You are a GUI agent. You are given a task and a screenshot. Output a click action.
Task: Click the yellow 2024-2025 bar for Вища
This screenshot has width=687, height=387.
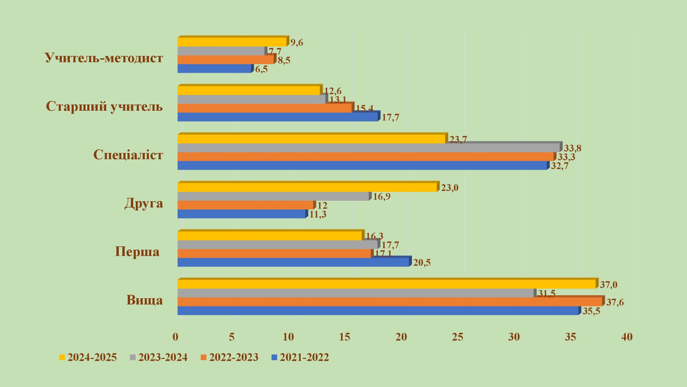click(386, 284)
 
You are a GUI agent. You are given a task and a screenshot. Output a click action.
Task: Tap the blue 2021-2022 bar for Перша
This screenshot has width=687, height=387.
click(293, 262)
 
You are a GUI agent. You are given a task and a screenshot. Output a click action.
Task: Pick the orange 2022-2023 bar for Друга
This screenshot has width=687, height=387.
click(245, 205)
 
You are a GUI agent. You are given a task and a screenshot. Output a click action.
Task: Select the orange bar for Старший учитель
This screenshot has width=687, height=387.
click(264, 108)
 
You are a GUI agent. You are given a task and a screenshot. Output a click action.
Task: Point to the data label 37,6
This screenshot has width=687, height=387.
click(615, 302)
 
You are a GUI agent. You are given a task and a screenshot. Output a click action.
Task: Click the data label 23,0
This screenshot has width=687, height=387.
click(450, 188)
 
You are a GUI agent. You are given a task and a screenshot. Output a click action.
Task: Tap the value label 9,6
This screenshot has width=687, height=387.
click(297, 42)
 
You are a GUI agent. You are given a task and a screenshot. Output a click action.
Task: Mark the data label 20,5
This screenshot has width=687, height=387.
click(422, 262)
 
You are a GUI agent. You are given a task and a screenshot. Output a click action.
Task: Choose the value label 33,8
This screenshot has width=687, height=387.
click(573, 148)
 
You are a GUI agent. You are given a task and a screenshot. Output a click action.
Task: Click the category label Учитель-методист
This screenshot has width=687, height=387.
click(104, 58)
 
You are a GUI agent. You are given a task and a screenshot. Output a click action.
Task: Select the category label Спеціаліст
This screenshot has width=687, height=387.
click(128, 155)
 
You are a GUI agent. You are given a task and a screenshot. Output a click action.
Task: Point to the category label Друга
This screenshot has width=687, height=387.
click(144, 203)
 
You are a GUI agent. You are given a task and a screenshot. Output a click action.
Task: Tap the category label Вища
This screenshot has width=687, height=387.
click(144, 300)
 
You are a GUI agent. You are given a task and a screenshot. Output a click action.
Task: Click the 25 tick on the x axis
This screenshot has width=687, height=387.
click(458, 337)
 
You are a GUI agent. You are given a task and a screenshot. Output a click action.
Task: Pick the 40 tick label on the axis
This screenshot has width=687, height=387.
click(627, 337)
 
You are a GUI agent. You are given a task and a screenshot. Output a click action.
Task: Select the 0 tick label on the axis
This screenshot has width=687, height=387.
click(176, 337)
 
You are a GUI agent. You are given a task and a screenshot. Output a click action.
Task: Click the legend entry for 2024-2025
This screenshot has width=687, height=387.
click(88, 357)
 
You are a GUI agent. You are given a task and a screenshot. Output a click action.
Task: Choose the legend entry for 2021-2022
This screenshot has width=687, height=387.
click(300, 357)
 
